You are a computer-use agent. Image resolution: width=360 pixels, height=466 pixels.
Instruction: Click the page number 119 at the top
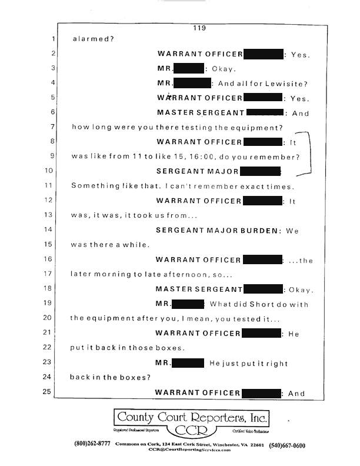pos(197,27)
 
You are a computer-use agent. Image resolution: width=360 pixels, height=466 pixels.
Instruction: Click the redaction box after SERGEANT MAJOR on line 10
pos(260,172)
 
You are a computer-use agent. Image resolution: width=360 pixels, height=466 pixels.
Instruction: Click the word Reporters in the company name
pos(221,418)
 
